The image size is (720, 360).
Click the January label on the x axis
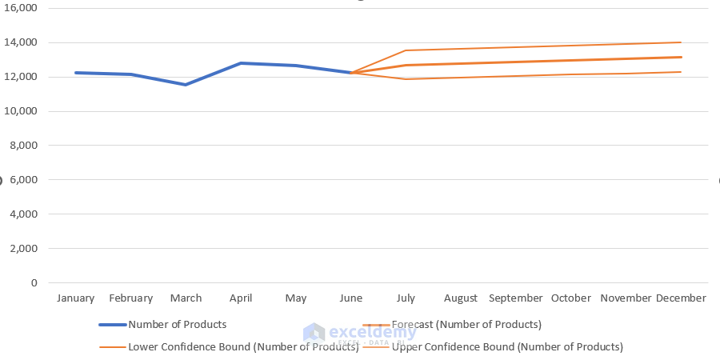[x=75, y=298]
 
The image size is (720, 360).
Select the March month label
[x=186, y=298]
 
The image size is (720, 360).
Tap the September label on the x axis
[x=515, y=298]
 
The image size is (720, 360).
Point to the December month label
[x=681, y=298]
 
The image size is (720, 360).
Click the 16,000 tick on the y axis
[x=22, y=8]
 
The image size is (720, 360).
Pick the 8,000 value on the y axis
[x=24, y=146]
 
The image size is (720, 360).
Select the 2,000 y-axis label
[x=24, y=249]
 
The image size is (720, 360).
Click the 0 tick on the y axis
[x=34, y=283]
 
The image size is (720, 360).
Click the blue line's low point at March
[x=186, y=84]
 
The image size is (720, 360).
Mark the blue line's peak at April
[x=241, y=63]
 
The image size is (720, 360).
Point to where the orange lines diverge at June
[x=351, y=73]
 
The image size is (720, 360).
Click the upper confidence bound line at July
[x=406, y=50]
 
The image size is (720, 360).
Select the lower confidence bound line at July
[x=406, y=79]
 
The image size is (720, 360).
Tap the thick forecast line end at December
[x=681, y=57]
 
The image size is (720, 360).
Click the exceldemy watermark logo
[x=314, y=333]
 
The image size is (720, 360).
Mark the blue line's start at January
[x=76, y=73]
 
